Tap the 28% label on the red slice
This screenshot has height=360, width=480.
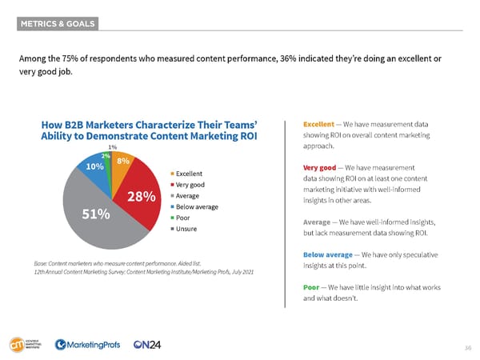tap(140, 197)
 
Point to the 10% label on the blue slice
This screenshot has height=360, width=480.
tap(94, 167)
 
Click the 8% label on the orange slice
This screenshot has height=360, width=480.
tap(123, 162)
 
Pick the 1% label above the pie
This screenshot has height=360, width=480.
tap(113, 147)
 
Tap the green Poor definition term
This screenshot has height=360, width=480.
tap(312, 286)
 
